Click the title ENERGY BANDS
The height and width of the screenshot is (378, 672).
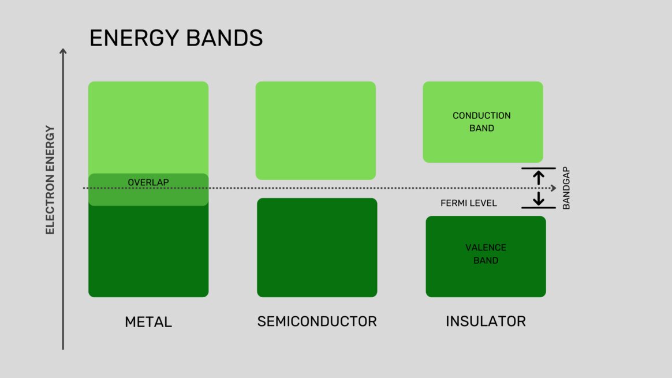176,38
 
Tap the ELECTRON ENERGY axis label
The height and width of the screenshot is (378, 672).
50,180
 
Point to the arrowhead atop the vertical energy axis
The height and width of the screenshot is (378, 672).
63,52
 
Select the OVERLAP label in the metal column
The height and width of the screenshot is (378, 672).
148,182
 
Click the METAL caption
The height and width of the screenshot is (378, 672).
148,322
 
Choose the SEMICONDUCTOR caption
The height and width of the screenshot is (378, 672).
316,321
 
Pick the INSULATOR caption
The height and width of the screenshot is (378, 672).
486,321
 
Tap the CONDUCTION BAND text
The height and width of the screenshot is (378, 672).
481,122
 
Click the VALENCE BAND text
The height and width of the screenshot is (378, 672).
486,254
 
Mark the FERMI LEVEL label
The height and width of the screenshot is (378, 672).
468,204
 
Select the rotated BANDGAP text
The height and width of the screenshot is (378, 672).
566,188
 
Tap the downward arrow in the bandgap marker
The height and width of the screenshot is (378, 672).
539,199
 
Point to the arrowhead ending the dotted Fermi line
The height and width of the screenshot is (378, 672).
552,188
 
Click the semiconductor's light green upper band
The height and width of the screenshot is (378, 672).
315,130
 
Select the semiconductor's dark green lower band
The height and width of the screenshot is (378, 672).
317,248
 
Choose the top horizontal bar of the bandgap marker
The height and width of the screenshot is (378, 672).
539,168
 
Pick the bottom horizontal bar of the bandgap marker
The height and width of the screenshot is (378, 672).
539,208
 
